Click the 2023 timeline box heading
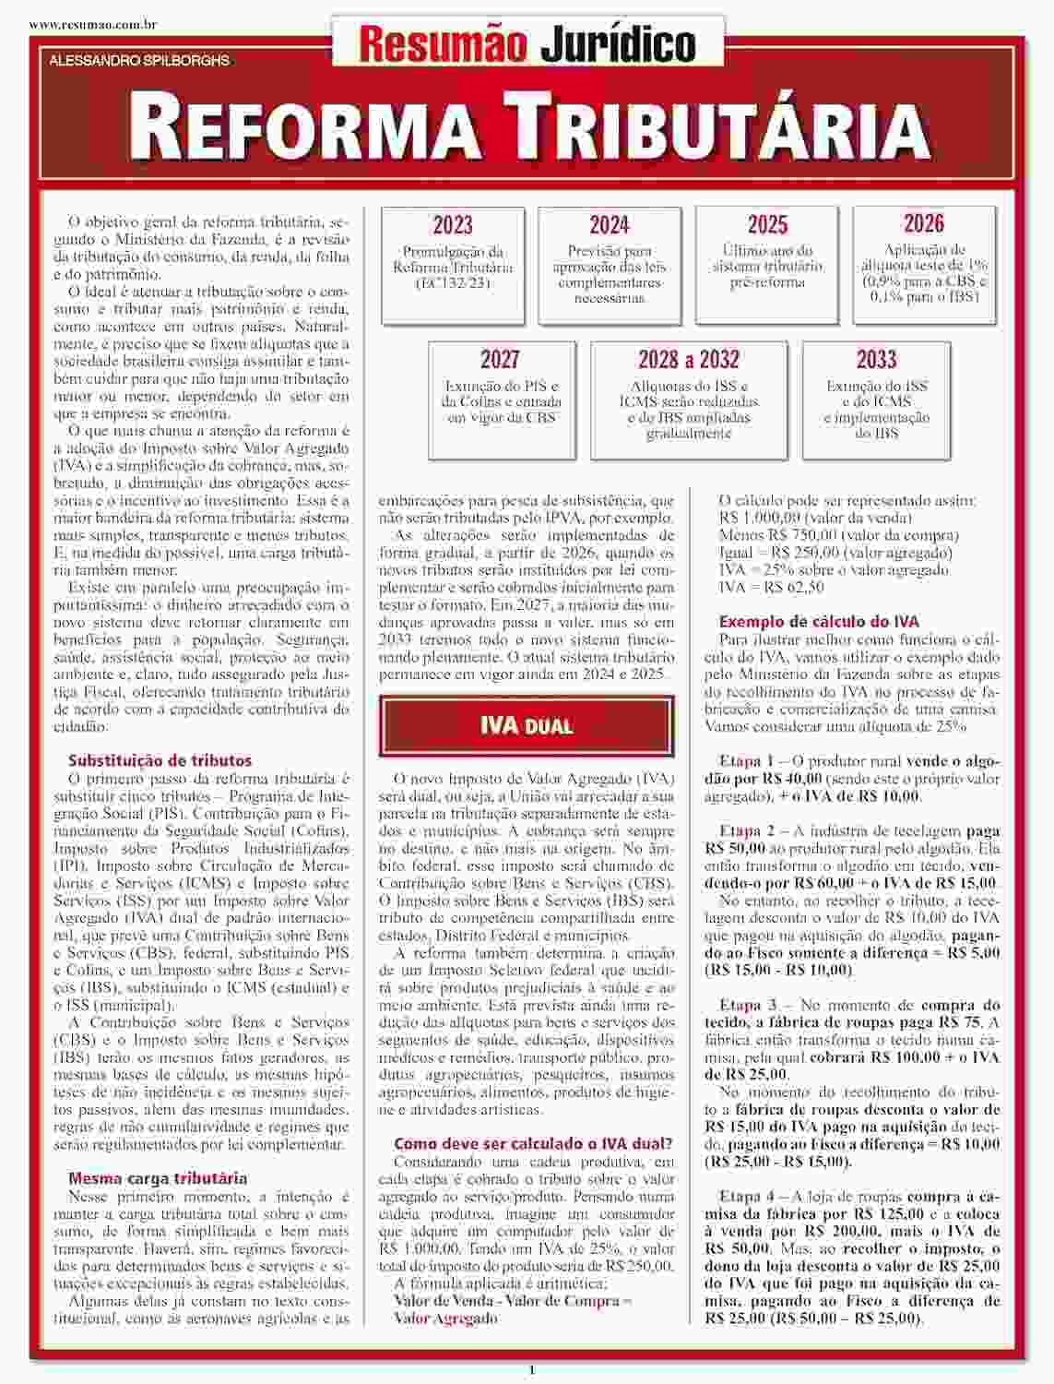click(452, 225)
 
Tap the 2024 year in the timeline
click(610, 225)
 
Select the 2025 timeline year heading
click(767, 225)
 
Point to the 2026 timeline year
click(924, 223)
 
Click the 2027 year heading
click(500, 359)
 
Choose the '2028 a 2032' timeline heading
click(689, 359)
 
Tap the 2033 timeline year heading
click(876, 359)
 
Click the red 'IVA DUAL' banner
click(527, 725)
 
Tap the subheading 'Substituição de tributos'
click(160, 761)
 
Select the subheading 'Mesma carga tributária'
click(158, 1178)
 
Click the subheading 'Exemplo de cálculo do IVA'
click(819, 622)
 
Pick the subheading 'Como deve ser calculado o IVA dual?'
click(533, 1144)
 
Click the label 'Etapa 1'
click(747, 762)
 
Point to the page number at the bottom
click(531, 1370)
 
